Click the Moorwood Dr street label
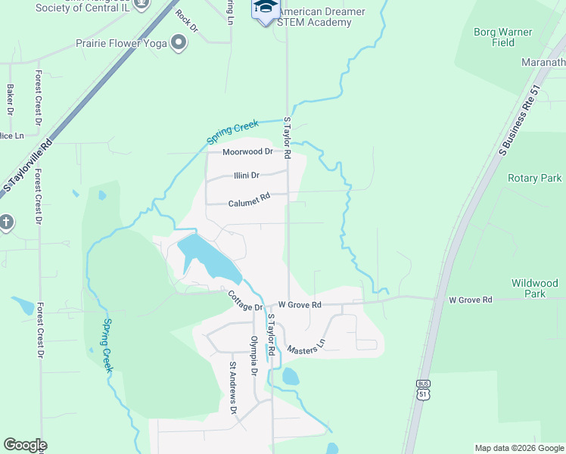click(x=247, y=151)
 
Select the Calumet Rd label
click(x=250, y=200)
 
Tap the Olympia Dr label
click(x=254, y=355)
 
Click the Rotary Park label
click(x=534, y=179)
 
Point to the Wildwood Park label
click(x=534, y=288)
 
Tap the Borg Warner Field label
click(x=503, y=38)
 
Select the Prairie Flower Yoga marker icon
click(x=179, y=42)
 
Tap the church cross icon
click(x=6, y=222)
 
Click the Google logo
click(x=25, y=445)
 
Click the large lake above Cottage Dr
click(x=208, y=257)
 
